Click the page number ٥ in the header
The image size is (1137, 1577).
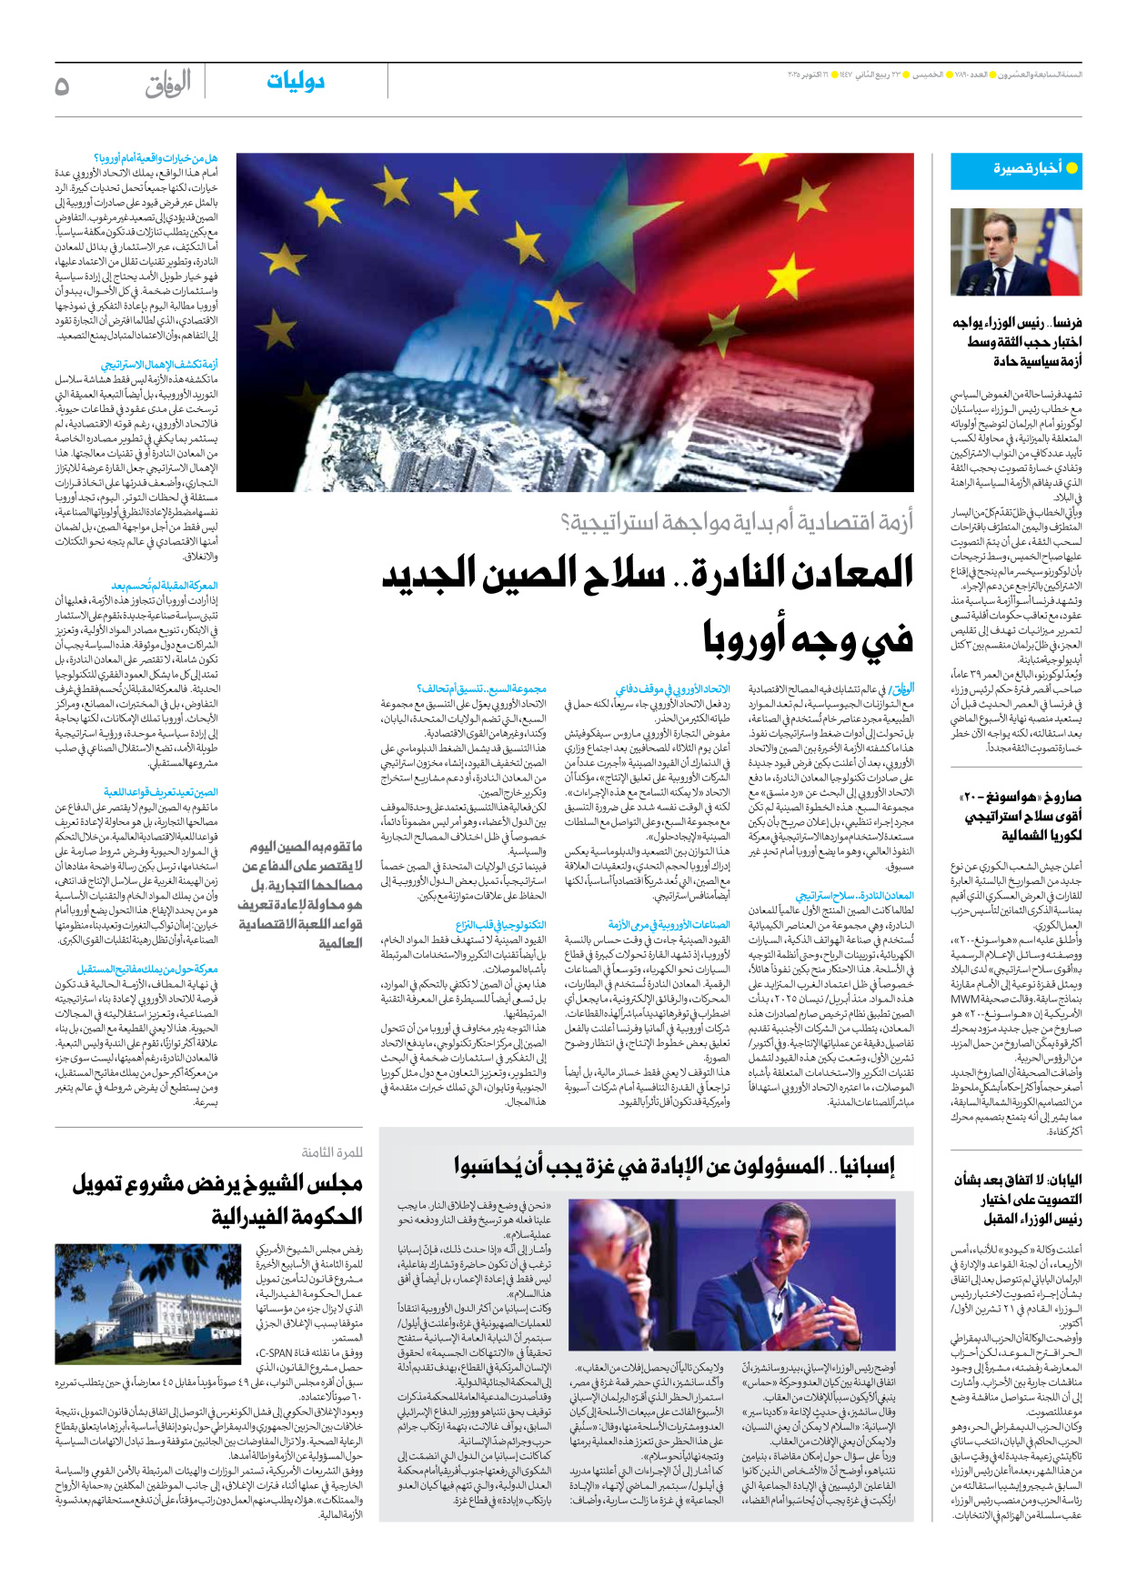[x=62, y=85]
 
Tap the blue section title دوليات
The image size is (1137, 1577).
[x=296, y=82]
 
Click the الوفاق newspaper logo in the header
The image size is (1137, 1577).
[x=168, y=85]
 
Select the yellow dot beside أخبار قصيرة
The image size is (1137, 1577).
[x=1072, y=168]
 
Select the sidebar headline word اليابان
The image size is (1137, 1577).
[x=1060, y=1180]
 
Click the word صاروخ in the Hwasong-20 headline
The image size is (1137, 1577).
[x=1062, y=798]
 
